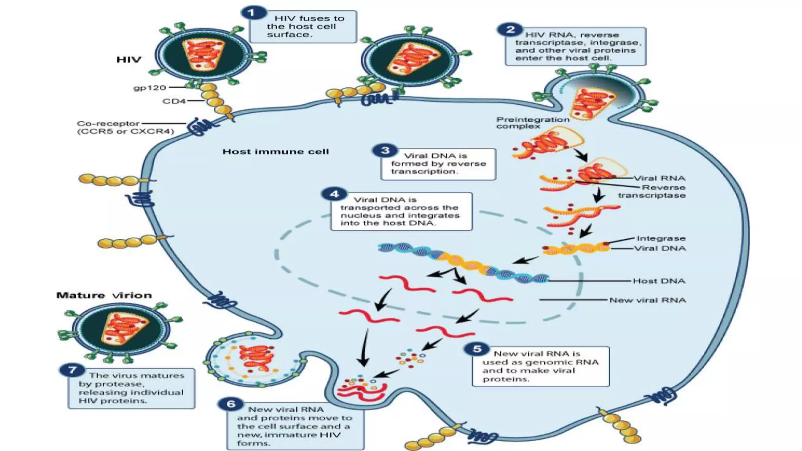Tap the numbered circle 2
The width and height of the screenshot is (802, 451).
[510, 30]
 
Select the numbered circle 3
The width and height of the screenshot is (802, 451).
[385, 150]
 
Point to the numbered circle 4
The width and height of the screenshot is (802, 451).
[334, 194]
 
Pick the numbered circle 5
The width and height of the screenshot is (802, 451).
[477, 348]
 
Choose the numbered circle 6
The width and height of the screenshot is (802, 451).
[231, 404]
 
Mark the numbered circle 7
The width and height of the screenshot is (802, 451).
[72, 370]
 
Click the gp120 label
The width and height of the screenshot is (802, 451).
[150, 88]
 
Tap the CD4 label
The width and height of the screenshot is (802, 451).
[174, 101]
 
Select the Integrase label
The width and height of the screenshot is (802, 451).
[661, 238]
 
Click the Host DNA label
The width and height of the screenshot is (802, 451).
[659, 281]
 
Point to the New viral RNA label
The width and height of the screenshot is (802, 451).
[648, 300]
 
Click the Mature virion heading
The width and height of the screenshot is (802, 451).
[104, 295]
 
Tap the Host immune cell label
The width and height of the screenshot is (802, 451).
[276, 152]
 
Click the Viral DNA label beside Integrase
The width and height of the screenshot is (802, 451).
[660, 248]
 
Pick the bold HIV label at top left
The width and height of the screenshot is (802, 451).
[128, 60]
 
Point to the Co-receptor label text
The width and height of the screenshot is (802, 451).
[108, 124]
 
